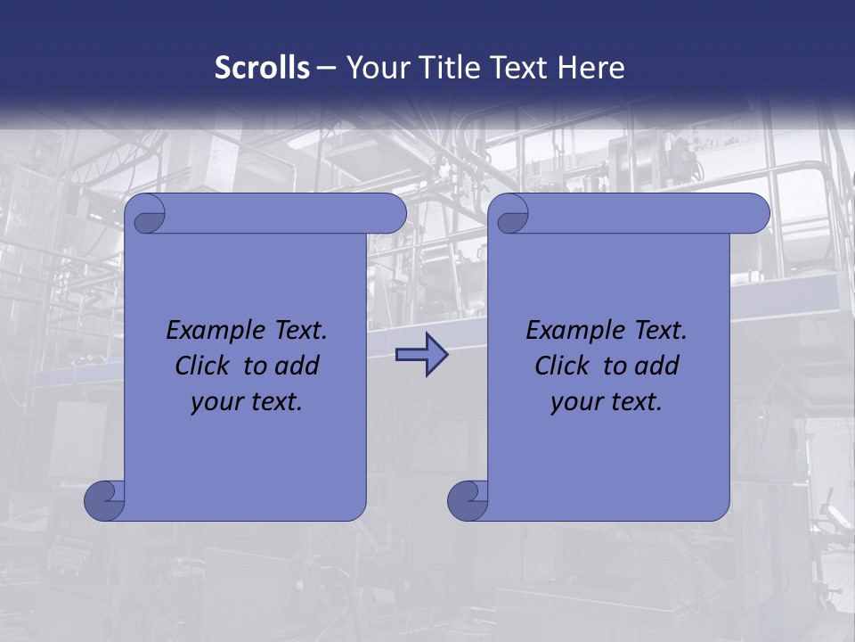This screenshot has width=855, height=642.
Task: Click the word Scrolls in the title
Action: pos(262,68)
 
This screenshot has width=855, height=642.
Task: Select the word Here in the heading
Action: pos(590,68)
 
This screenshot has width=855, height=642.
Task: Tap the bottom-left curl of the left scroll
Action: pos(104,500)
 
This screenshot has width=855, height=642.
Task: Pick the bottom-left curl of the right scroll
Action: pos(467,500)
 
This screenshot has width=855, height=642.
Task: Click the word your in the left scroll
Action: pos(215,403)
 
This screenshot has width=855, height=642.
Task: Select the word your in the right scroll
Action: pos(574,403)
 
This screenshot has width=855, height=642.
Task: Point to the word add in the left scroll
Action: pos(297,366)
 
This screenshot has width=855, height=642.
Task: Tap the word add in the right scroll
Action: pos(657,366)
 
